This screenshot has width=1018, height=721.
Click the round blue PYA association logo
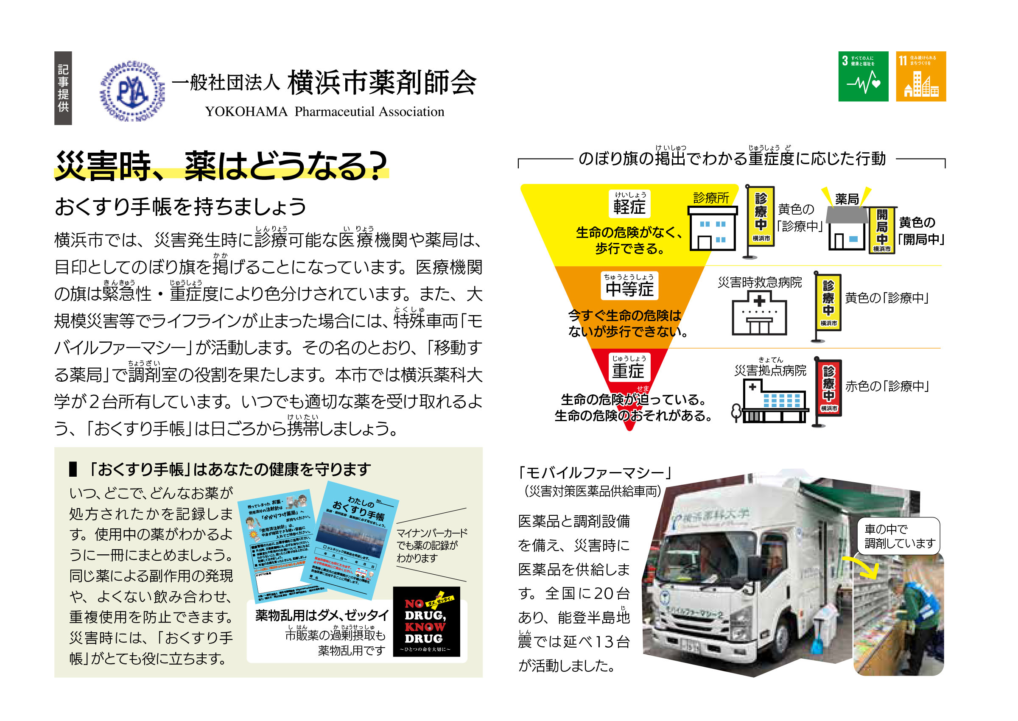(x=132, y=91)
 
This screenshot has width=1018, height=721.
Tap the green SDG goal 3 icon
(x=863, y=76)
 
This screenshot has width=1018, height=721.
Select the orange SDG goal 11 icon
(x=920, y=76)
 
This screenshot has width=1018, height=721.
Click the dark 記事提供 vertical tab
(x=63, y=88)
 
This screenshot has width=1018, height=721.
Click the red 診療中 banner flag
(x=828, y=389)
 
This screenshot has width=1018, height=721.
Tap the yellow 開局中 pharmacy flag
(x=881, y=230)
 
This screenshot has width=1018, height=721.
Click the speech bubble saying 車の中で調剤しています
(x=898, y=536)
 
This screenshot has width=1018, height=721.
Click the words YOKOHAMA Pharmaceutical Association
(x=324, y=112)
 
